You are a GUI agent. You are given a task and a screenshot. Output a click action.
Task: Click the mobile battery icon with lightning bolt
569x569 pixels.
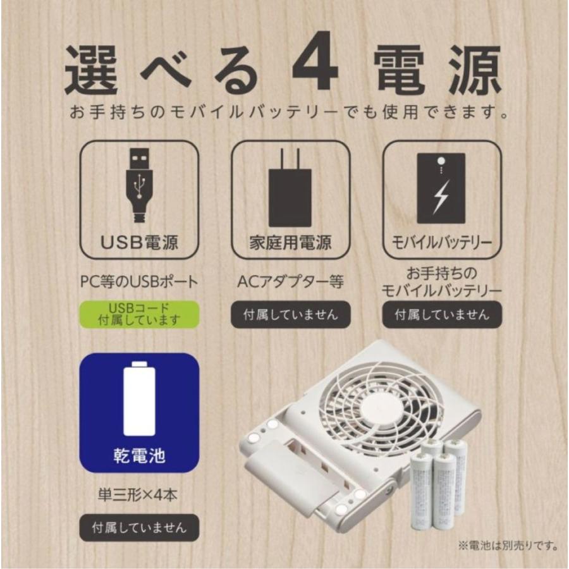pyautogui.click(x=441, y=188)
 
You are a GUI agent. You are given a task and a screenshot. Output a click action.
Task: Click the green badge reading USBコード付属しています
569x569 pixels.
pyautogui.click(x=139, y=314)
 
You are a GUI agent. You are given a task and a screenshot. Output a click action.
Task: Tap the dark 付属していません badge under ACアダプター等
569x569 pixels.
pyautogui.click(x=290, y=314)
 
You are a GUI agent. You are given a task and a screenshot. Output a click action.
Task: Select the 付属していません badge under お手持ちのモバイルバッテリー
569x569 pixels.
pyautogui.click(x=442, y=314)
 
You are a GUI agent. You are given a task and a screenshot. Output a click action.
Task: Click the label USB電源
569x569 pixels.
pyautogui.click(x=139, y=243)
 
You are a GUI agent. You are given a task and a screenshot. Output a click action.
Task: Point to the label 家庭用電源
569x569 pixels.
pyautogui.click(x=290, y=243)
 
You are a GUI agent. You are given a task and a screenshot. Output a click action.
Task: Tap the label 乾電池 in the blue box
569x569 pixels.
pyautogui.click(x=139, y=456)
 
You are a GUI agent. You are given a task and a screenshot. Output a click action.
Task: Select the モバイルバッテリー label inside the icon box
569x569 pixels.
pyautogui.click(x=442, y=243)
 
